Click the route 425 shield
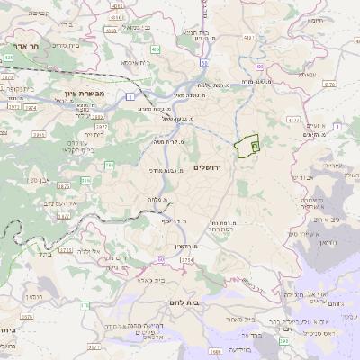coord(8,57)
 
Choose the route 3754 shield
coord(185,260)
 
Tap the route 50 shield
coord(205,64)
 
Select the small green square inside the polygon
coord(255,145)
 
